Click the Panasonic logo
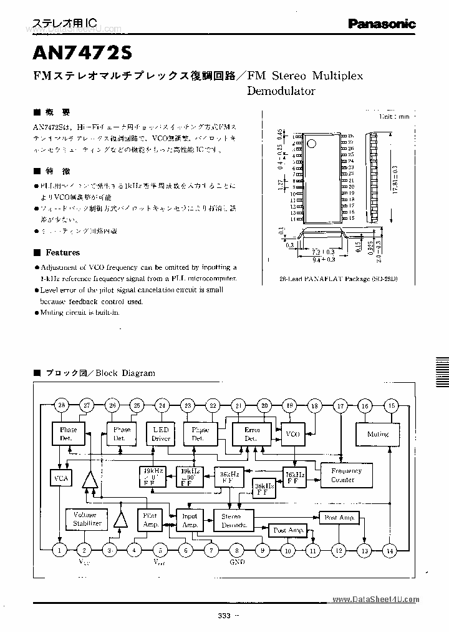(x=382, y=24)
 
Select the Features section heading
(x=62, y=252)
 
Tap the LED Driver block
(x=161, y=434)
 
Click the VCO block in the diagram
(x=292, y=434)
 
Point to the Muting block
(x=377, y=434)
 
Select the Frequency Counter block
(x=346, y=475)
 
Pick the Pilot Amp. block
(x=150, y=520)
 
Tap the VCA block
(x=61, y=479)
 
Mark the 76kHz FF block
(x=294, y=478)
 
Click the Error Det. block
(x=252, y=434)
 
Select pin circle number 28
(x=60, y=407)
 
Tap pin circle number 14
(x=390, y=550)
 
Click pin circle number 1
(x=60, y=550)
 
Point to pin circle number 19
(x=289, y=407)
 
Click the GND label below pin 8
(x=237, y=562)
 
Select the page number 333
(x=224, y=616)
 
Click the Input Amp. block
(x=189, y=520)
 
